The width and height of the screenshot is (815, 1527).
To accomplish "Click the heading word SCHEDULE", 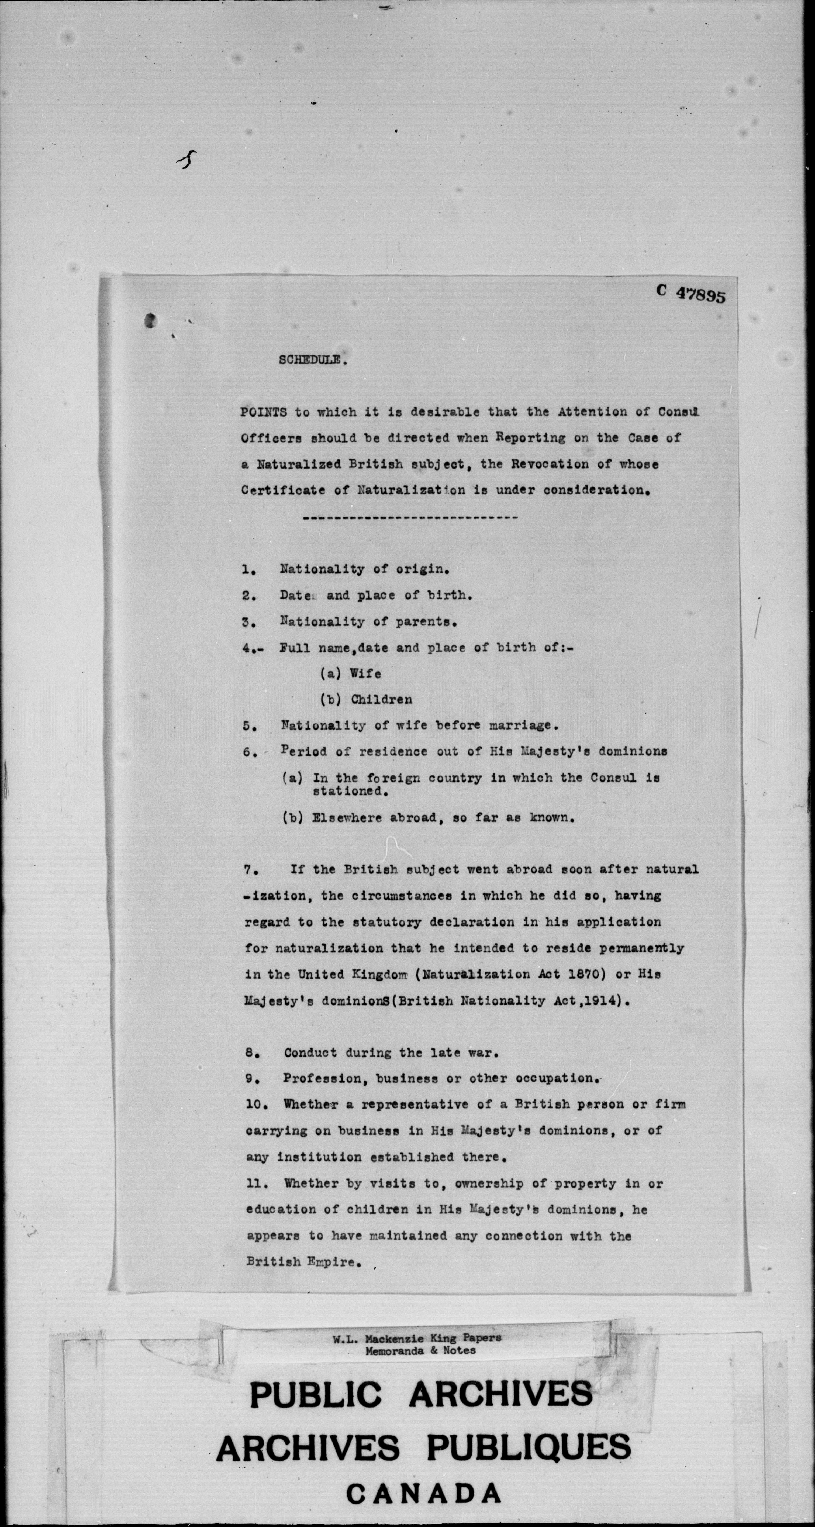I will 309,360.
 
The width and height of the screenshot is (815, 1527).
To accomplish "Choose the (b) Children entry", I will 366,700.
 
